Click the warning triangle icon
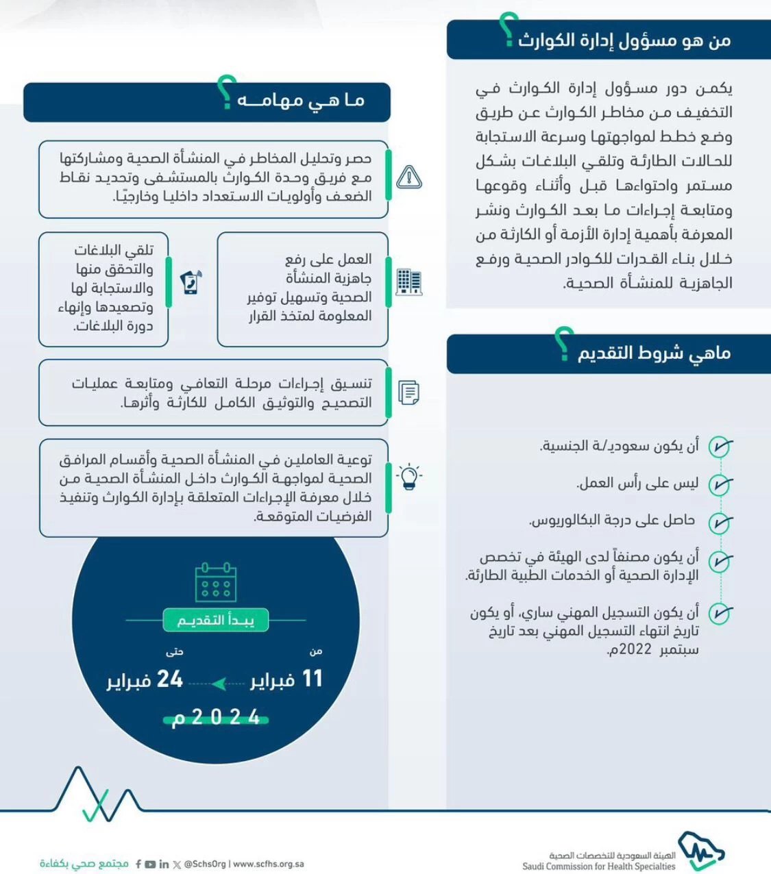point(409,177)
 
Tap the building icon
point(409,282)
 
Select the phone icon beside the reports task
point(191,282)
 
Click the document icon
point(409,392)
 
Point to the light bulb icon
point(409,476)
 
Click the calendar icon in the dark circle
point(216,582)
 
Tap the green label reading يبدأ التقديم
point(216,621)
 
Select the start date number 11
point(312,679)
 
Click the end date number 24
point(170,679)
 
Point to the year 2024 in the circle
point(216,717)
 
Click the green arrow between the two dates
point(219,684)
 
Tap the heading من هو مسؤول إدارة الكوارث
point(624,40)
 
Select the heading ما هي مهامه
point(301,101)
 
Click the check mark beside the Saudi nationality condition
point(720,447)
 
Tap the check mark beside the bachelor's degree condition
point(720,523)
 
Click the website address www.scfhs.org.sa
point(269,864)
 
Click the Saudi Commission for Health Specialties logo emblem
point(700,851)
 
